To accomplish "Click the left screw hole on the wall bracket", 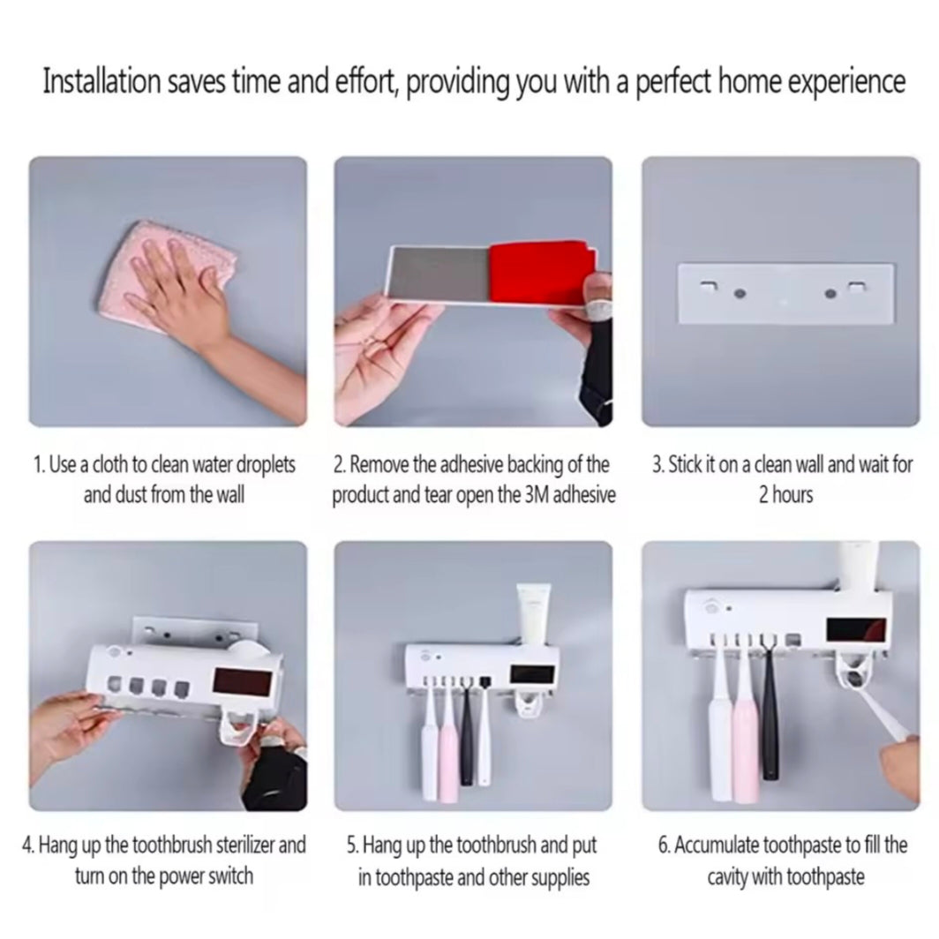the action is coord(740,293).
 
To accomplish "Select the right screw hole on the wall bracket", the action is coord(830,293).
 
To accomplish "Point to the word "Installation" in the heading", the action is coord(101,81).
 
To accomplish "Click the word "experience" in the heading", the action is coord(845,83).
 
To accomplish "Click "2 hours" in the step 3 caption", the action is coord(785,494).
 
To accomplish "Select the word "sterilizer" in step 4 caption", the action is coord(245,845).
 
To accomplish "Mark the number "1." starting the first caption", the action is coord(39,465).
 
